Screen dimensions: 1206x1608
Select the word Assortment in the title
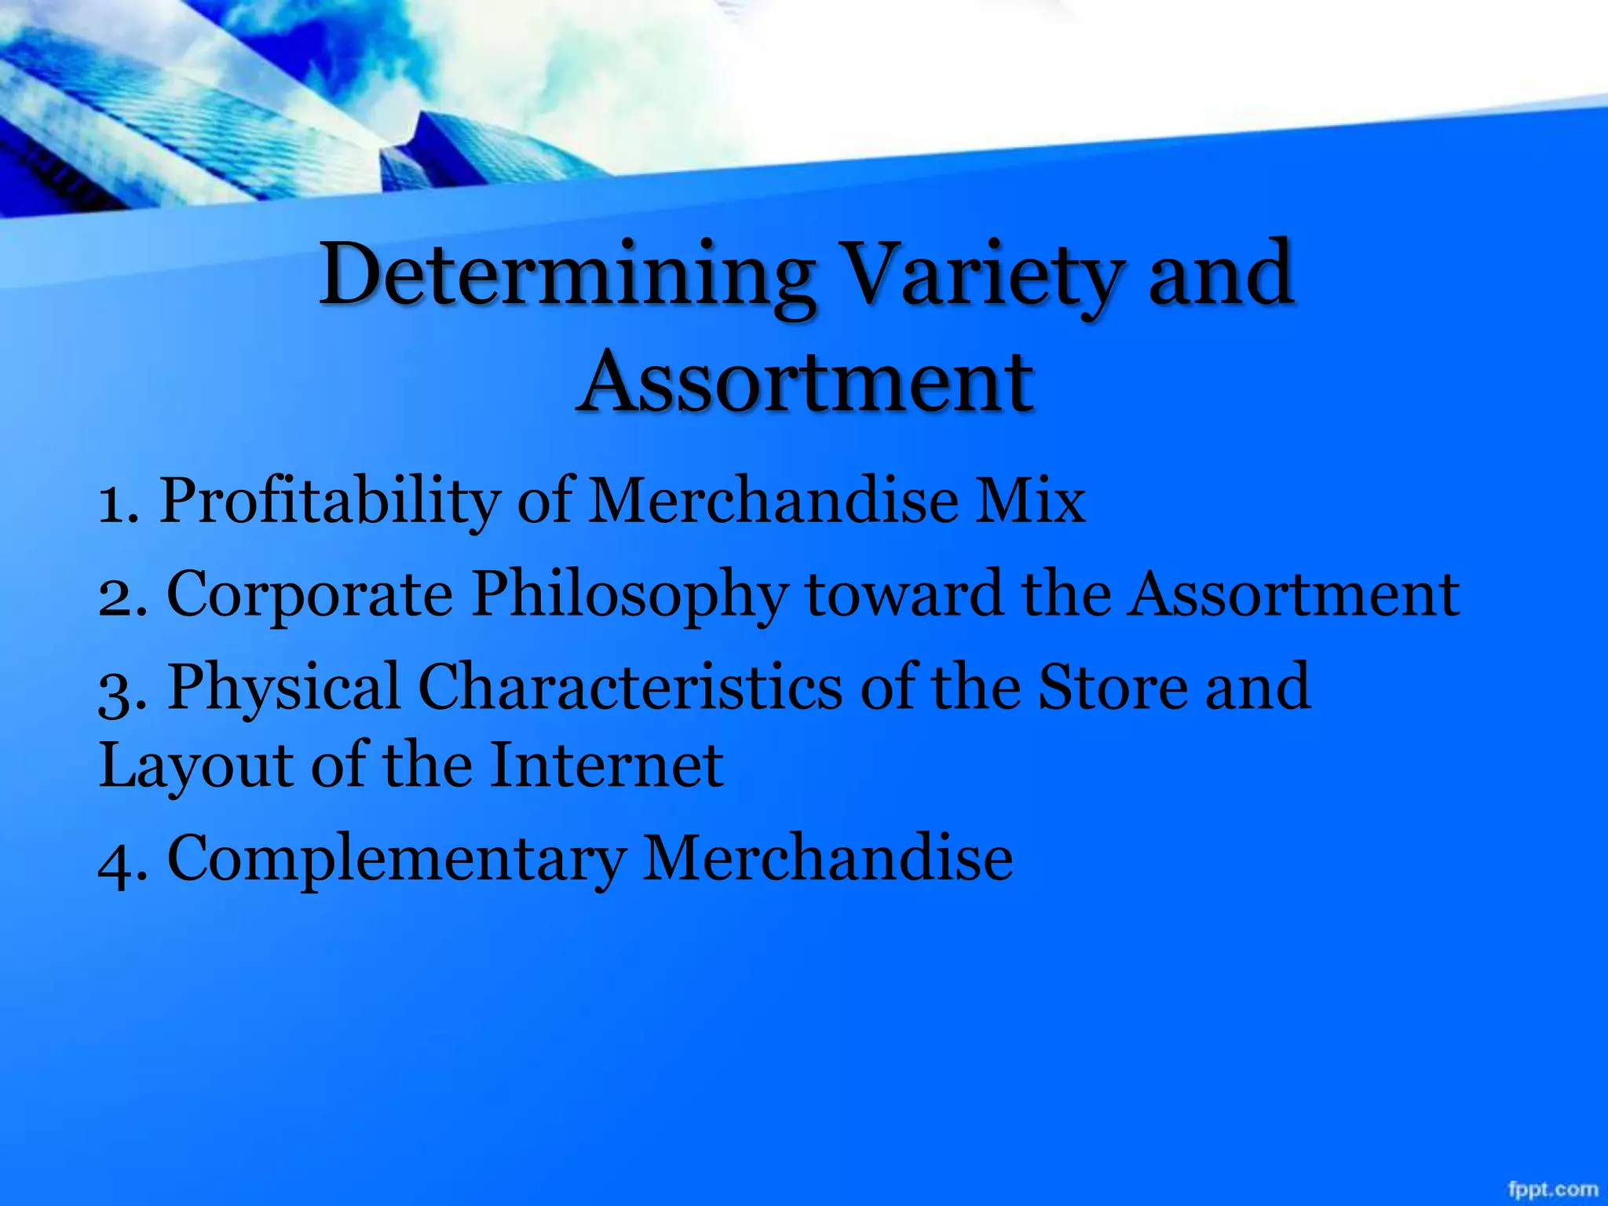(x=805, y=382)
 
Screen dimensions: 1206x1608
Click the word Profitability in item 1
(x=330, y=501)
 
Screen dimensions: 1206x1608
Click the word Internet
(x=606, y=765)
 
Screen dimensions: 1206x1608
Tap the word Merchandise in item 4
(x=828, y=857)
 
